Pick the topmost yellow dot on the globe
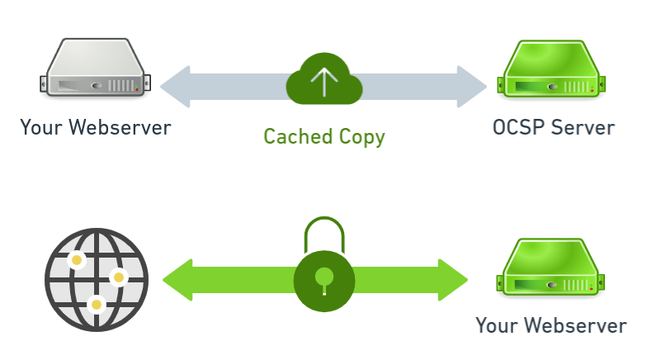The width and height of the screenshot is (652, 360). [77, 261]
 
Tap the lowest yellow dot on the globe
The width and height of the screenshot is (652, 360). [97, 305]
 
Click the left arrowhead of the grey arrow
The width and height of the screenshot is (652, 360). [176, 86]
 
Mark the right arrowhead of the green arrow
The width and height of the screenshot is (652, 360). [452, 279]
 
